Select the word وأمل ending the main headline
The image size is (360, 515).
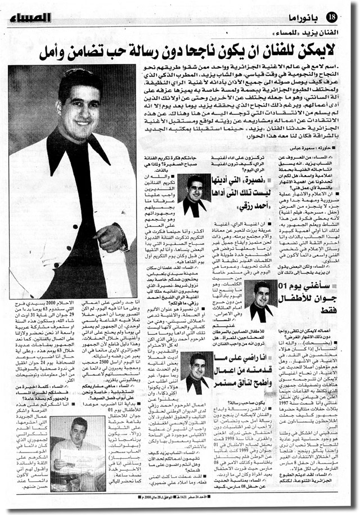(x=57, y=53)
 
